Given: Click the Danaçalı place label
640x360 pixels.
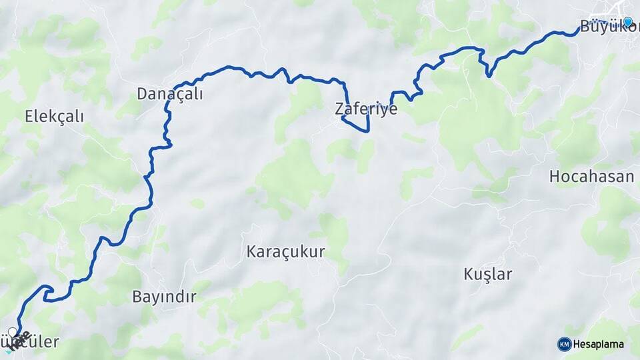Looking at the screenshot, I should (x=169, y=94).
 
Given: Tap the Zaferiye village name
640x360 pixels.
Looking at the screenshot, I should (x=366, y=109).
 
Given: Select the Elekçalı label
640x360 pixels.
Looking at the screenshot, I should (x=54, y=117).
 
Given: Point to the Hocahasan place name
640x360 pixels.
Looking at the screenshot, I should (x=591, y=177).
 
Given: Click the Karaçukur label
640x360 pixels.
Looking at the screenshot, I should (x=285, y=252).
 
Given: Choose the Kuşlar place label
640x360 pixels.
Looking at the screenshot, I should (x=487, y=274).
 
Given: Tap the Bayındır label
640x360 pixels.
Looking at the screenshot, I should (x=164, y=297).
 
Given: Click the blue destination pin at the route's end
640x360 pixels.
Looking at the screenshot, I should (x=627, y=21).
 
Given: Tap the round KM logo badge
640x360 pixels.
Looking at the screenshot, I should (x=564, y=344).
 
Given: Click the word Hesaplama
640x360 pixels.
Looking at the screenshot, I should (x=598, y=345).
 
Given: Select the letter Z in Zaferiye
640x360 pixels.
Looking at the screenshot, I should (x=339, y=109).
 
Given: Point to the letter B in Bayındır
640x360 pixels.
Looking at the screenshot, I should (x=137, y=297).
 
